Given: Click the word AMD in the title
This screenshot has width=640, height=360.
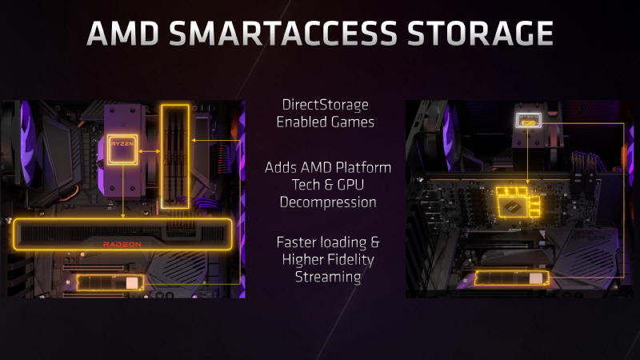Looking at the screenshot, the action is [x=123, y=33].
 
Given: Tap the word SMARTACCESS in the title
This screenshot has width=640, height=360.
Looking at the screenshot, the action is [x=283, y=33].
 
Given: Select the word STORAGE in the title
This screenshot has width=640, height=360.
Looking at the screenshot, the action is [x=480, y=33].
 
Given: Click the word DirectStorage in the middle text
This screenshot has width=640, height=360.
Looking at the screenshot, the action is [x=326, y=105].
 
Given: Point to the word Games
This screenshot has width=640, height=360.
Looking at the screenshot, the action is [x=353, y=122].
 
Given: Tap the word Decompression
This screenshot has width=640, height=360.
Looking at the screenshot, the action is [x=328, y=202].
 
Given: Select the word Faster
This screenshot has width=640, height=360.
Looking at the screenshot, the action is [x=296, y=242].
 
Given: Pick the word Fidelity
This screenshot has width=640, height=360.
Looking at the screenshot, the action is [x=350, y=260].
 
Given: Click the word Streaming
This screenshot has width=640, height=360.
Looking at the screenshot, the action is [x=328, y=277].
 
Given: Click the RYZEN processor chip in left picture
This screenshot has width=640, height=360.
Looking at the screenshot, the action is [x=122, y=149].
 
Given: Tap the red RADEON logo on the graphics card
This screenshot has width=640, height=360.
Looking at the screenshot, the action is [x=122, y=244].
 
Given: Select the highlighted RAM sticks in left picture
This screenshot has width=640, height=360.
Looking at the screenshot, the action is [x=174, y=156].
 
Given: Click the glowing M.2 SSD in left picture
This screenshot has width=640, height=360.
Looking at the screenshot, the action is [x=110, y=282].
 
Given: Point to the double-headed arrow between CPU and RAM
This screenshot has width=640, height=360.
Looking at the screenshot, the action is [x=149, y=151].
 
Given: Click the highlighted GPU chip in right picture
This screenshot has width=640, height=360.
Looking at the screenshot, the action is [x=518, y=202].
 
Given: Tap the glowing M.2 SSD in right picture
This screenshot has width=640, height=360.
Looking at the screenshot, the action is [x=512, y=278].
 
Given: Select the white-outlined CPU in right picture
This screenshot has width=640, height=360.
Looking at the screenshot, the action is [x=529, y=120].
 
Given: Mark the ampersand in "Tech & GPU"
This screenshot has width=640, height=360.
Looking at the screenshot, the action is [x=329, y=185].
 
